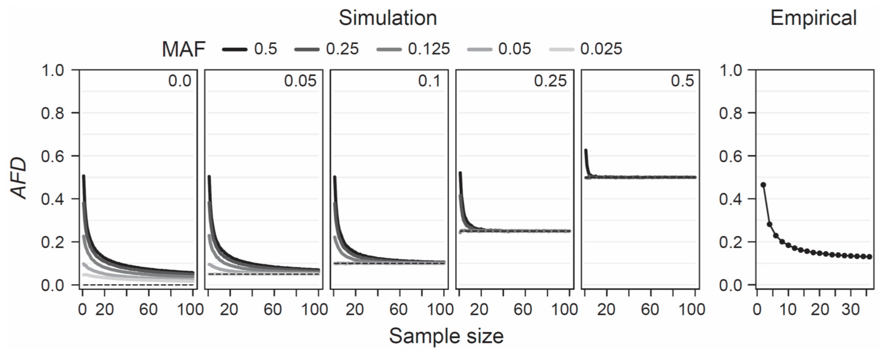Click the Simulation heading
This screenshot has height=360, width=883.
[x=388, y=18]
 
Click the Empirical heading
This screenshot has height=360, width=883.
[x=813, y=18]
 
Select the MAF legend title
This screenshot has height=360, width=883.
[x=183, y=49]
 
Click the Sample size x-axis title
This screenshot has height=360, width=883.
[x=446, y=336]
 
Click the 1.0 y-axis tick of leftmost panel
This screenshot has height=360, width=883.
[x=53, y=71]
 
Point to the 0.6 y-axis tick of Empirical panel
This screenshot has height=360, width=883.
[x=730, y=156]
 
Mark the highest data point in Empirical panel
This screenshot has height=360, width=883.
[x=763, y=185]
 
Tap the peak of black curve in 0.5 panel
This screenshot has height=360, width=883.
[x=586, y=150]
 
